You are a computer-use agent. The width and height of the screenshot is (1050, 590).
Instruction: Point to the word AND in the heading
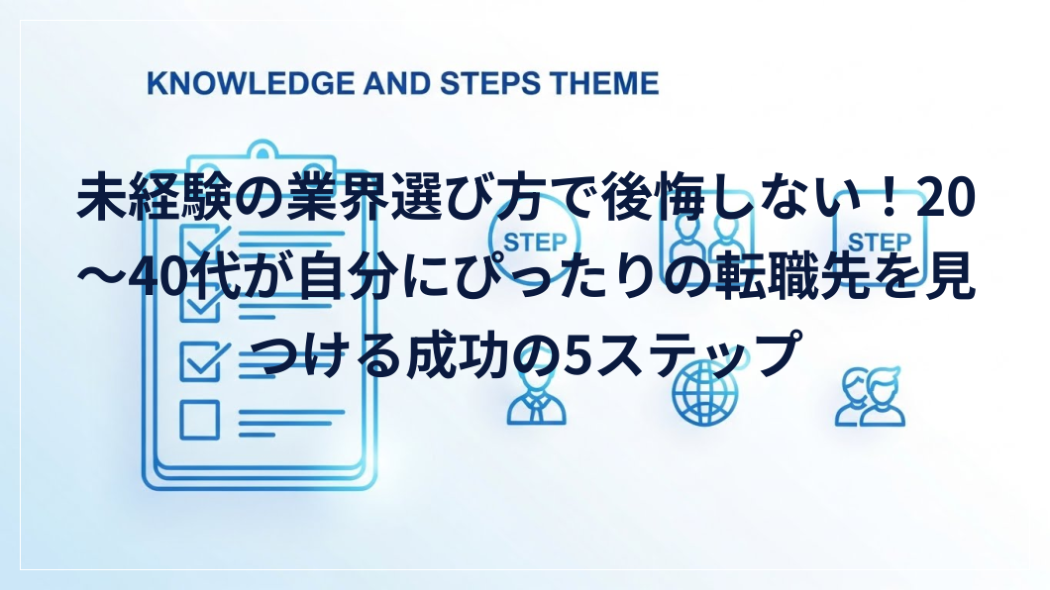pos(397,83)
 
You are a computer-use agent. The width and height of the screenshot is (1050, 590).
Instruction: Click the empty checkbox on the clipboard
pos(199,420)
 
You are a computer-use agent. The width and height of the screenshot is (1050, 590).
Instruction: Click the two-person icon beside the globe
pos(870,397)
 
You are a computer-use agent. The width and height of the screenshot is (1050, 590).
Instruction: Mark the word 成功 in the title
pos(457,353)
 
